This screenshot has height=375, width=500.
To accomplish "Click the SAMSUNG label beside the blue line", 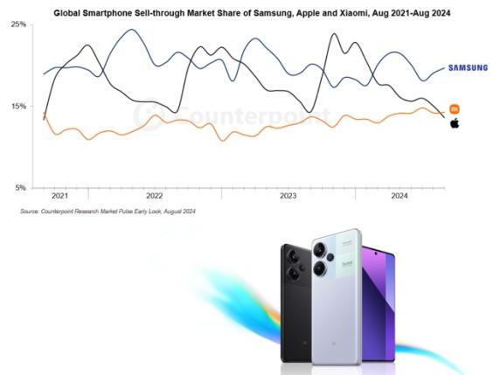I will pos(468,67).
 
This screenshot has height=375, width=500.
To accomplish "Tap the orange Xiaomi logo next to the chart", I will pos(455,108).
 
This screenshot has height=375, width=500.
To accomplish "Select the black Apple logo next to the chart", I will pos(455,123).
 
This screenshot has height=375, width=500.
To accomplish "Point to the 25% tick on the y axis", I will pos(17,24).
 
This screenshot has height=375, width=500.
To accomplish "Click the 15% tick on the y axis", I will pos(17,107).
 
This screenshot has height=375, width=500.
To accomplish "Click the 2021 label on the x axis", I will pos(59,197).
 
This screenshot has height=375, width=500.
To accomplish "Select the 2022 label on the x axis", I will pos(155,197).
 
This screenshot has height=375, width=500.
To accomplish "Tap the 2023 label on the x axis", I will pos(288,197).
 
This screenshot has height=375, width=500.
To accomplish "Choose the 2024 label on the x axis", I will pos(398,197).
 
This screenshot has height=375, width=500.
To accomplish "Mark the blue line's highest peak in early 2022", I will pos(130,30).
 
